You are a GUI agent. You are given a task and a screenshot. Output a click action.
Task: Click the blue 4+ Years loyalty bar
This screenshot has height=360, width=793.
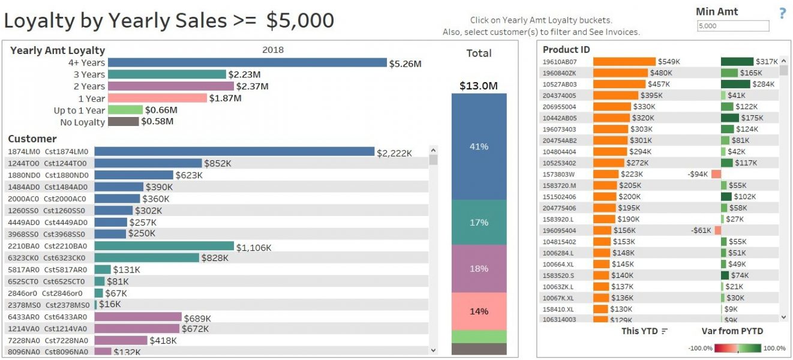pos(247,62)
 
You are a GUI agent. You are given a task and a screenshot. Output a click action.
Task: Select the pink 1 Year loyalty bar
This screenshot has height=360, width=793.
pos(157,98)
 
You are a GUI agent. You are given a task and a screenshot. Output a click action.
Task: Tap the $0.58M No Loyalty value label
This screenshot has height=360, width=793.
pos(157,122)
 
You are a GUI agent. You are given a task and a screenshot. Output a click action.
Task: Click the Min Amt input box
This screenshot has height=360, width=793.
pos(732,26)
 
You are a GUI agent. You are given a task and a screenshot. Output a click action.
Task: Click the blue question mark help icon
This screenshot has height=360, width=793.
pos(782,13)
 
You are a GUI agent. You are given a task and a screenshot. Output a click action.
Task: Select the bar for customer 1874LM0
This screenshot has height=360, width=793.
pos(234,152)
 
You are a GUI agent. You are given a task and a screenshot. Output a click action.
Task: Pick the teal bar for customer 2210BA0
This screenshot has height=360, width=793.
pos(164,246)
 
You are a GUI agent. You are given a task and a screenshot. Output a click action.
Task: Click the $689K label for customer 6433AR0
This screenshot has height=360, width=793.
pos(197,318)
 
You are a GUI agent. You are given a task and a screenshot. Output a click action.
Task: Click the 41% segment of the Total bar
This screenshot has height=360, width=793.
pos(479,146)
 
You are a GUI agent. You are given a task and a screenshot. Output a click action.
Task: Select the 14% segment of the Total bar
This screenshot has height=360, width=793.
pos(479,311)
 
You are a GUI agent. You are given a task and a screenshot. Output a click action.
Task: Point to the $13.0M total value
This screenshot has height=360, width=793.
pos(479,86)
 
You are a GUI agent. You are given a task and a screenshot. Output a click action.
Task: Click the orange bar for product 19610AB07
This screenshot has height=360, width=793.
pos(624,61)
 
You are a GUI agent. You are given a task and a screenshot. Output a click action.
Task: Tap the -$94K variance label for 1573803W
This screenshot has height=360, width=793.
pos(698,174)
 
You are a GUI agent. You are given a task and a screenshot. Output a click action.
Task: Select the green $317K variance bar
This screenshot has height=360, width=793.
pos(737,61)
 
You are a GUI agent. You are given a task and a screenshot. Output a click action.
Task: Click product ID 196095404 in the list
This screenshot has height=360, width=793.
pos(559,230)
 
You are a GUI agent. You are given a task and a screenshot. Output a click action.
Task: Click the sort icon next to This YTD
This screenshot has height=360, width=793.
pos(664,331)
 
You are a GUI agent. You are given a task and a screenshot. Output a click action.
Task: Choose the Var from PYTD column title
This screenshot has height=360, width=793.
pos(732,331)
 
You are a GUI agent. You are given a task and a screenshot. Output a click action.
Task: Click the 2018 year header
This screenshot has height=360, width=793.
pos(273,50)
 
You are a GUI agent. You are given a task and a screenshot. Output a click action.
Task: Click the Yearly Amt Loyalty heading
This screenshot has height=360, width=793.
pos(58,50)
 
